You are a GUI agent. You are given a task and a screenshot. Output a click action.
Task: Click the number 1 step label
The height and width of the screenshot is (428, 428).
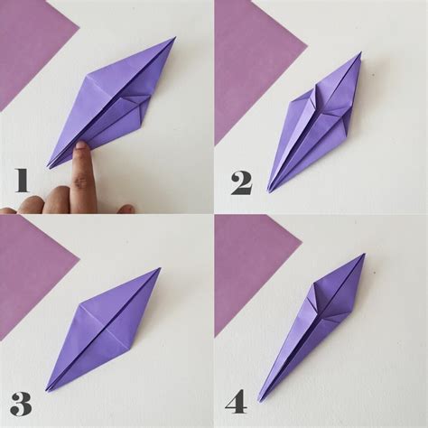[x=22, y=180]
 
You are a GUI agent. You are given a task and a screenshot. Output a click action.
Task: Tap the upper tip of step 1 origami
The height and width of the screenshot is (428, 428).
[x=174, y=39]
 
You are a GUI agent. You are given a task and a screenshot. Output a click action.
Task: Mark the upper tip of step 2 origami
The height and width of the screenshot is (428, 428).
[x=359, y=53]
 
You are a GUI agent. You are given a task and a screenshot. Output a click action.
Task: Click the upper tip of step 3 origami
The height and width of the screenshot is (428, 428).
[x=160, y=268]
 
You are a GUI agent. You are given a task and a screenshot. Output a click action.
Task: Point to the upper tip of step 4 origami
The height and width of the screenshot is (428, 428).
[x=364, y=255]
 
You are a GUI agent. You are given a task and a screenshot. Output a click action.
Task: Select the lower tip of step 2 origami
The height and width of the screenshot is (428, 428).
[x=269, y=191]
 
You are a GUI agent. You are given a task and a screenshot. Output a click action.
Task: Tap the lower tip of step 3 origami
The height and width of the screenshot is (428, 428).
[x=47, y=389]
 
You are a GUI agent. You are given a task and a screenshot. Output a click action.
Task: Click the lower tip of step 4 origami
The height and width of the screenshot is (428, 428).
[x=259, y=400]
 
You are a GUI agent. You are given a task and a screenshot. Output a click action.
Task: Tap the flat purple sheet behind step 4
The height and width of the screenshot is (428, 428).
[x=248, y=271]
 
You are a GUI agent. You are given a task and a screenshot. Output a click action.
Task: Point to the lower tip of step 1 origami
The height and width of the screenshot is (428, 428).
[x=49, y=167]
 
